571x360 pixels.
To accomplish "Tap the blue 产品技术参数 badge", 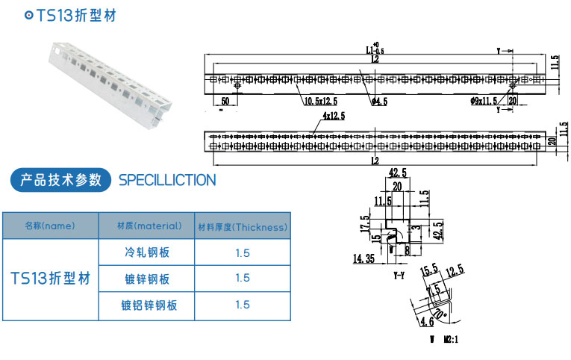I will click(60, 179).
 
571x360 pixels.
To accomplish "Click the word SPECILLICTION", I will click(167, 180).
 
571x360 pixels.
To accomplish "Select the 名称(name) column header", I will click(50, 226).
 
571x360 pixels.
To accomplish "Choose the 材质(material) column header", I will click(148, 226).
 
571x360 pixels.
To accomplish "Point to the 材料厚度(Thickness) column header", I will click(242, 226).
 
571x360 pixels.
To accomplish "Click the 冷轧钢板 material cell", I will click(147, 252).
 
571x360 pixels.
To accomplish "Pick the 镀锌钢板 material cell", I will click(147, 279).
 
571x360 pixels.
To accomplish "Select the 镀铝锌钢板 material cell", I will click(147, 305).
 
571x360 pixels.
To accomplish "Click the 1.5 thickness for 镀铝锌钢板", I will click(242, 305).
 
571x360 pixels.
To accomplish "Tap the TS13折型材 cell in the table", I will click(50, 279).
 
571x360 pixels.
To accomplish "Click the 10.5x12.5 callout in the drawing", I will click(320, 101).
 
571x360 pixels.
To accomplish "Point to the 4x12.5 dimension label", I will click(334, 117).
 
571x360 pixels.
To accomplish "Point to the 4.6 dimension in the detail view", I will click(426, 323).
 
